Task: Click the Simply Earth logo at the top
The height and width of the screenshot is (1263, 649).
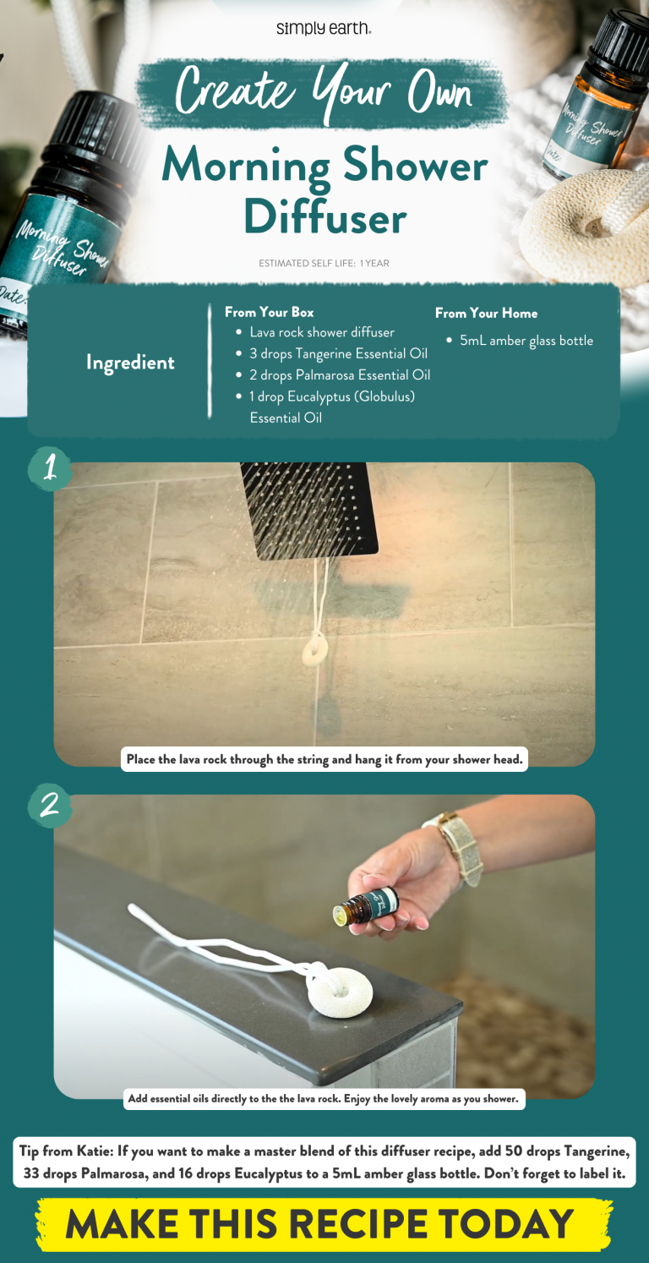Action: point(324,29)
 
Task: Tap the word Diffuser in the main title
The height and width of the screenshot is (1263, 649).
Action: point(324,217)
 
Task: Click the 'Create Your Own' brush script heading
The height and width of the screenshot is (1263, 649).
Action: point(324,90)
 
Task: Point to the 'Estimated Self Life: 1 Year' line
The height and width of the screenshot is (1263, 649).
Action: point(324,264)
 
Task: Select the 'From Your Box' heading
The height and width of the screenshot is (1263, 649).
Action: point(269,312)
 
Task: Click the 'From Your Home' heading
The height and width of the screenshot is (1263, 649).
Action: point(486,313)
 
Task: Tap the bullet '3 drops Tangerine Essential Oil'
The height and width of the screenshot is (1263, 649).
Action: point(338,353)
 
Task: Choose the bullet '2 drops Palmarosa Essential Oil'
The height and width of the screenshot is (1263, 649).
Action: point(340,375)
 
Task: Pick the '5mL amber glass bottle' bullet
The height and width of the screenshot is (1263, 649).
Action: point(526,341)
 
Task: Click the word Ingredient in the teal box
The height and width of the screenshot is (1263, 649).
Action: point(130,363)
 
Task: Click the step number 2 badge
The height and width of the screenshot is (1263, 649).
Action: point(50,805)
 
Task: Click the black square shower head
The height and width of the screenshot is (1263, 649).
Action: point(308,506)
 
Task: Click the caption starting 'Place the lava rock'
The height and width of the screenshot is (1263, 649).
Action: point(324,759)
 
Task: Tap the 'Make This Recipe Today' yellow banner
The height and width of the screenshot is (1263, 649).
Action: point(324,1223)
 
